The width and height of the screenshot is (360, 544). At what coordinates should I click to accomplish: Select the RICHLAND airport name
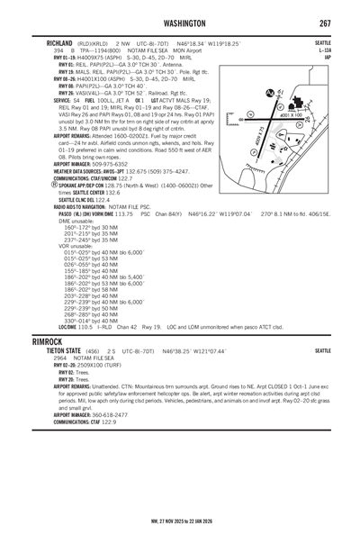pyautogui.click(x=50, y=41)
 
